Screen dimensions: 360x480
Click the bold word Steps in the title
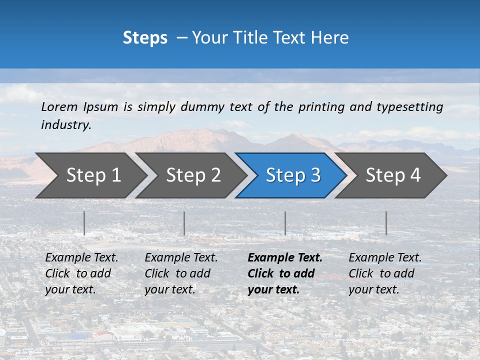[x=145, y=37]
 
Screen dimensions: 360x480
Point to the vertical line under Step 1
[x=84, y=223]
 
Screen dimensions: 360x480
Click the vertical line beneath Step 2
[x=184, y=223]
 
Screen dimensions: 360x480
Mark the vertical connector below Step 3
[x=285, y=223]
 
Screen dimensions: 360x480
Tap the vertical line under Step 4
[x=386, y=223]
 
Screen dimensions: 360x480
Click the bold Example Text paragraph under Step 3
[x=284, y=273]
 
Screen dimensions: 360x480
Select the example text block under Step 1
[x=81, y=273]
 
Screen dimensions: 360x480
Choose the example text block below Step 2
[x=181, y=273]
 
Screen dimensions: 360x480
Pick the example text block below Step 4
[x=384, y=273]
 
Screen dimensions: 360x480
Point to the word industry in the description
[x=65, y=125]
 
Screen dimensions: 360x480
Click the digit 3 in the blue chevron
[x=315, y=175]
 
